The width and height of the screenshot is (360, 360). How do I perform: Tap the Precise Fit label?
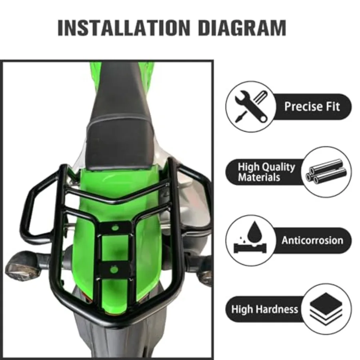pyautogui.click(x=312, y=107)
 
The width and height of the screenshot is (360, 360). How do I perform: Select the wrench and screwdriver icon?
pyautogui.click(x=251, y=107)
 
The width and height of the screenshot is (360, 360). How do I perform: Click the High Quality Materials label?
pyautogui.click(x=266, y=172)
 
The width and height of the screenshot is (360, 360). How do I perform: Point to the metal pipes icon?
pyautogui.click(x=326, y=172)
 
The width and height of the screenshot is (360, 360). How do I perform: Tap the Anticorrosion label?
pyautogui.click(x=312, y=240)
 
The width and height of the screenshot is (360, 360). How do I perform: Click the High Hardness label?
pyautogui.click(x=264, y=309)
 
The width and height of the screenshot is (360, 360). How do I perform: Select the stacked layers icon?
pyautogui.click(x=326, y=309)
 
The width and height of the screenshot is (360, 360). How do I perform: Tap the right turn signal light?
pyautogui.click(x=205, y=275)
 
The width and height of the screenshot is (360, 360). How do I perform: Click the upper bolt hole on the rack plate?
pyautogui.click(x=115, y=228)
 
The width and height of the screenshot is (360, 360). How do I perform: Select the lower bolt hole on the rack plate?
pyautogui.click(x=114, y=269)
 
